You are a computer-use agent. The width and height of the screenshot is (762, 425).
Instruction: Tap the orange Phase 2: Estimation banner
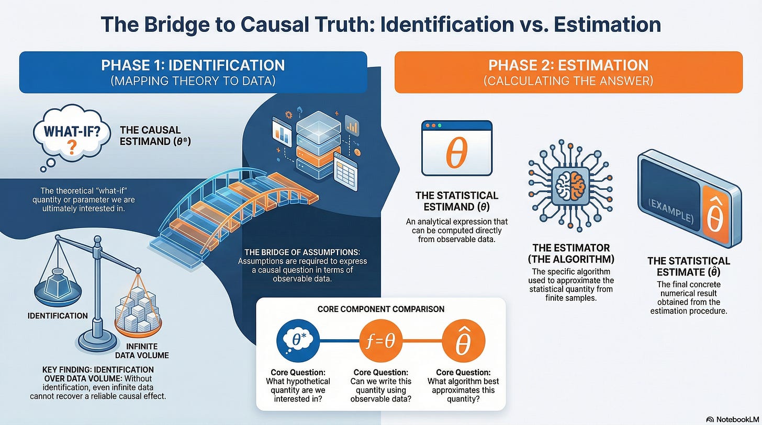[x=568, y=72]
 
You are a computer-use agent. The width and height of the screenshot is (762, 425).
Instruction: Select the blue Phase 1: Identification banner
[x=193, y=72]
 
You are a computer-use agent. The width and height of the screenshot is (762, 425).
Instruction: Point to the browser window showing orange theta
[x=457, y=148]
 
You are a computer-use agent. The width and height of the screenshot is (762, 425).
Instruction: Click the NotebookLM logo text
[x=733, y=419]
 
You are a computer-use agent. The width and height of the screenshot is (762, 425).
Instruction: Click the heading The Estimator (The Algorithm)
[x=570, y=254]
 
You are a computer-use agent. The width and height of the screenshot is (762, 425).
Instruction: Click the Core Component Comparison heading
[x=380, y=309]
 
